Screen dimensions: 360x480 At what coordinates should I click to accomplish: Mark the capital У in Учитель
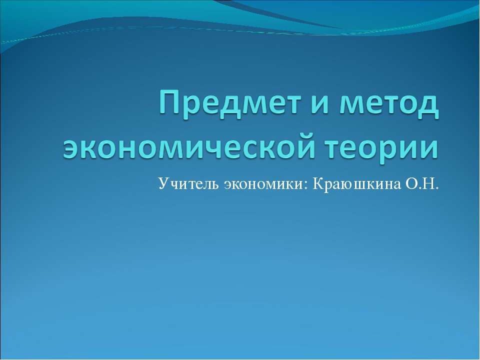(163, 184)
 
